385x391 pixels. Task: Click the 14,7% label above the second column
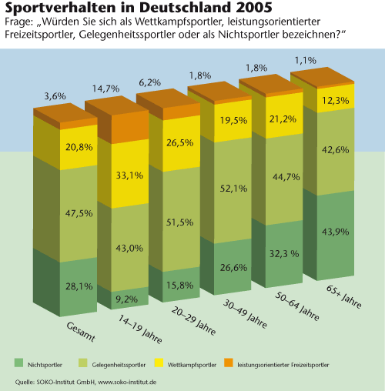pos(105,89)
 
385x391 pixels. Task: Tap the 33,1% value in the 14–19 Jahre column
pos(129,175)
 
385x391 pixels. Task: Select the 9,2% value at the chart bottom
pos(126,299)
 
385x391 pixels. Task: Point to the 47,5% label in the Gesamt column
pos(79,213)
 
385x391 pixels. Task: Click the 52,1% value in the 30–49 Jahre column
pos(233,189)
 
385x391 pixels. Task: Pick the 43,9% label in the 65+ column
pos(335,232)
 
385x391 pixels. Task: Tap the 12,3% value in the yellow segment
pos(335,100)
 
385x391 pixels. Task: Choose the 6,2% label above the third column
pos(150,82)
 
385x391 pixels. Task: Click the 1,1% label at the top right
pos(306,61)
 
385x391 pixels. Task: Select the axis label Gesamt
pos(81,332)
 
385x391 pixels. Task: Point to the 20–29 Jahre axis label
pos(193,321)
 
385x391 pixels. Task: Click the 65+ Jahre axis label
pos(344,296)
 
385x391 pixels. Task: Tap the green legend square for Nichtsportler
pos(18,363)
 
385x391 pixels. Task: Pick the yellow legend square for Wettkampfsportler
pos(159,363)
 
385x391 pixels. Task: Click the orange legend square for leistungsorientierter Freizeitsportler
pos(229,363)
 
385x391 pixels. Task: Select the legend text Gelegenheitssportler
pos(119,365)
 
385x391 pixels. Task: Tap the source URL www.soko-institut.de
pos(127,382)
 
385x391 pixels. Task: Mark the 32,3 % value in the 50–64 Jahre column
pos(284,254)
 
